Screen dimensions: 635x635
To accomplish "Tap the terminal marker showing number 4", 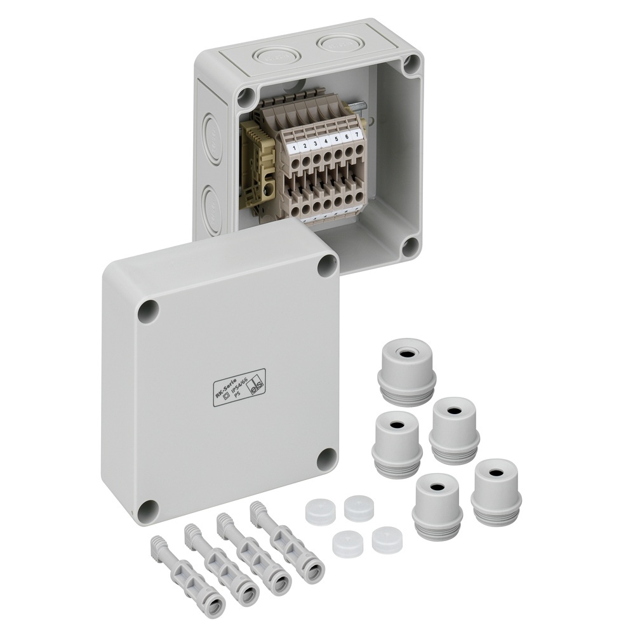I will pyautogui.click(x=326, y=142).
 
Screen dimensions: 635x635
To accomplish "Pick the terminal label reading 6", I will pyautogui.click(x=347, y=137).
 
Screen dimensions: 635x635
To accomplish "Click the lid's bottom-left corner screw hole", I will pyautogui.click(x=148, y=509).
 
